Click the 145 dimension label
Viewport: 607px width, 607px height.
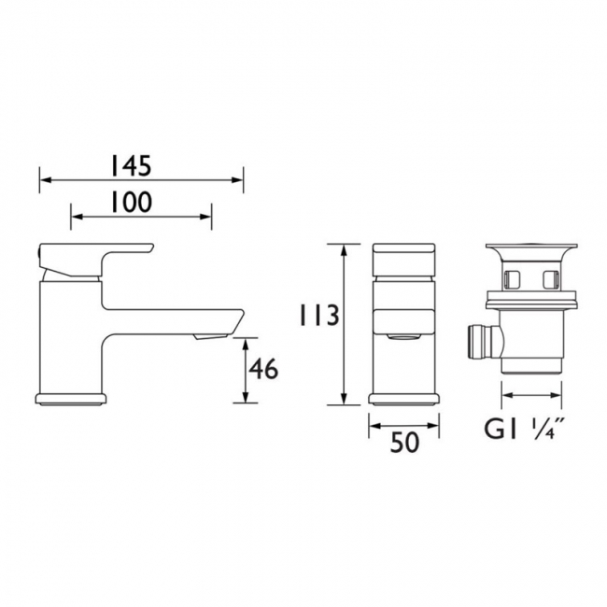tap(131, 165)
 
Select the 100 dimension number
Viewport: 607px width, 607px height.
tap(132, 203)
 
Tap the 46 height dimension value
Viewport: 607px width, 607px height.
tap(263, 369)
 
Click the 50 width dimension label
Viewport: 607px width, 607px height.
tap(404, 442)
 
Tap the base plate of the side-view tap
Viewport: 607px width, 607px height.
tap(70, 399)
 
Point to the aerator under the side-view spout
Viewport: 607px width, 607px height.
tap(210, 337)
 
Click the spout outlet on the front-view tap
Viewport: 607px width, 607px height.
tap(402, 337)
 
